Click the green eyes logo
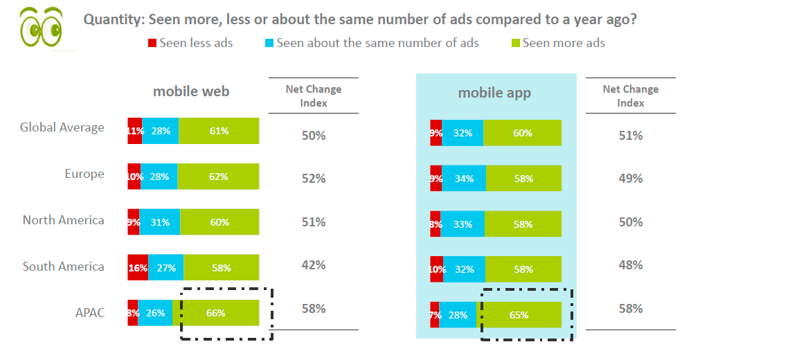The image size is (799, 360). click(x=41, y=28)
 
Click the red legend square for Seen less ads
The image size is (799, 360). click(x=152, y=44)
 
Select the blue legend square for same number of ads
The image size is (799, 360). click(x=269, y=44)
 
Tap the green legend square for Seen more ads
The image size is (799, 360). click(x=515, y=44)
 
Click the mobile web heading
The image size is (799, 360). click(x=191, y=91)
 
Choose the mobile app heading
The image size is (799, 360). click(x=494, y=93)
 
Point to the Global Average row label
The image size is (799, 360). click(x=62, y=127)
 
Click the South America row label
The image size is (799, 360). click(x=64, y=267)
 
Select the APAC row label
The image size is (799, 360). click(x=90, y=313)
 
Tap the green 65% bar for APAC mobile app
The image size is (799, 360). click(x=520, y=314)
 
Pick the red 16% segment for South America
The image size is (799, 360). click(x=137, y=267)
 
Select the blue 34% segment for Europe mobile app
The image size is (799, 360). click(x=464, y=179)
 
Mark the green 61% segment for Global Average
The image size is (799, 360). click(x=219, y=131)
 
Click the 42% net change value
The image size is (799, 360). click(x=314, y=265)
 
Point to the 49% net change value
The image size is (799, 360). click(x=630, y=179)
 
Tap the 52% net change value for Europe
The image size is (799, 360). click(x=314, y=179)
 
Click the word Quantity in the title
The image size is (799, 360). click(x=113, y=19)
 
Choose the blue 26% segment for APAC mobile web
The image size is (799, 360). click(x=156, y=313)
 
